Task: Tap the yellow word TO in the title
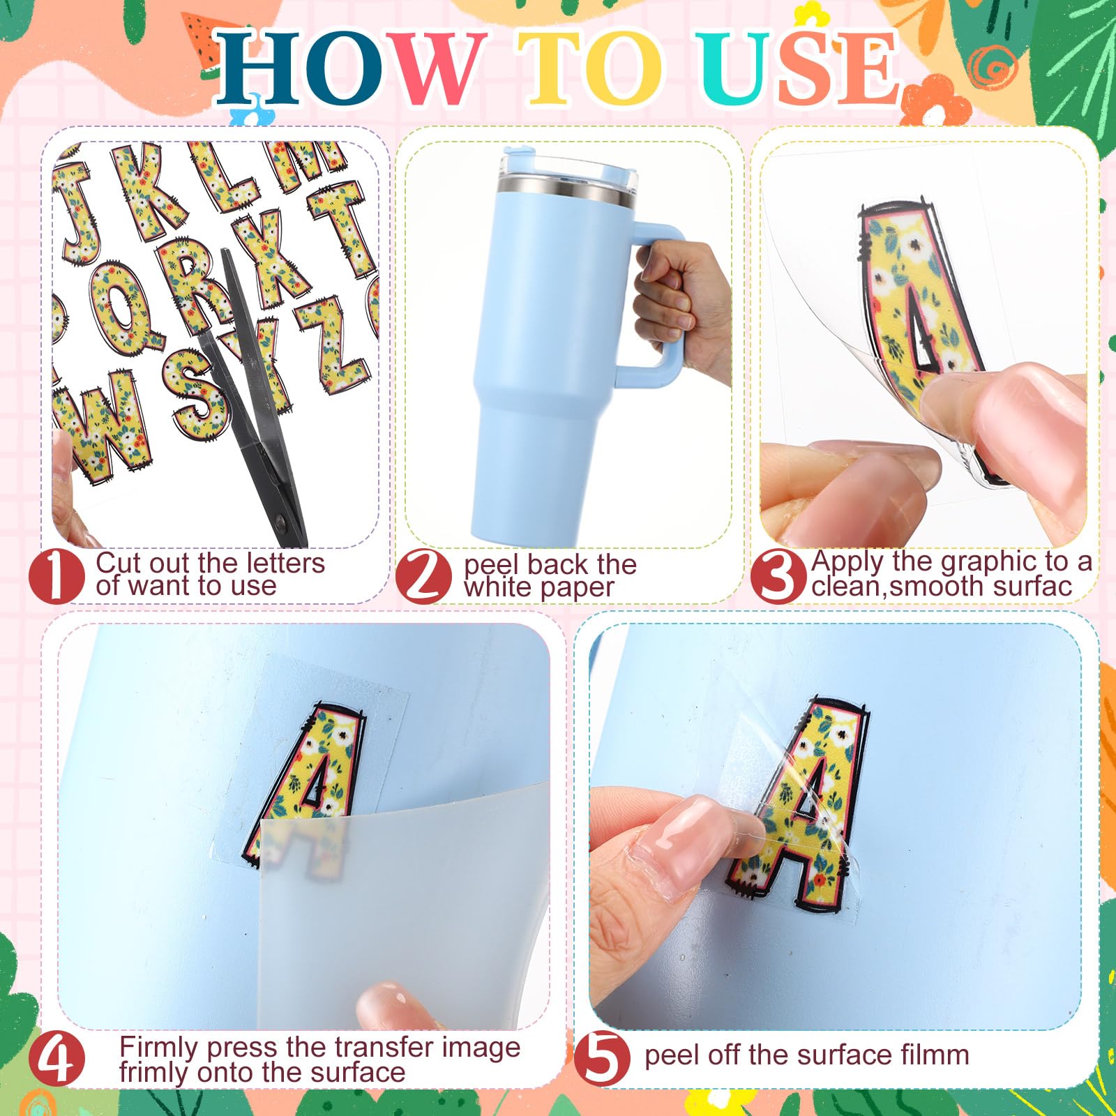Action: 590,68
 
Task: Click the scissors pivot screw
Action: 282,522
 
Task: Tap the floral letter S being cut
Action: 199,391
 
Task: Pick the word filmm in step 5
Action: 935,1055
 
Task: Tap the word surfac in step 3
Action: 1032,587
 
